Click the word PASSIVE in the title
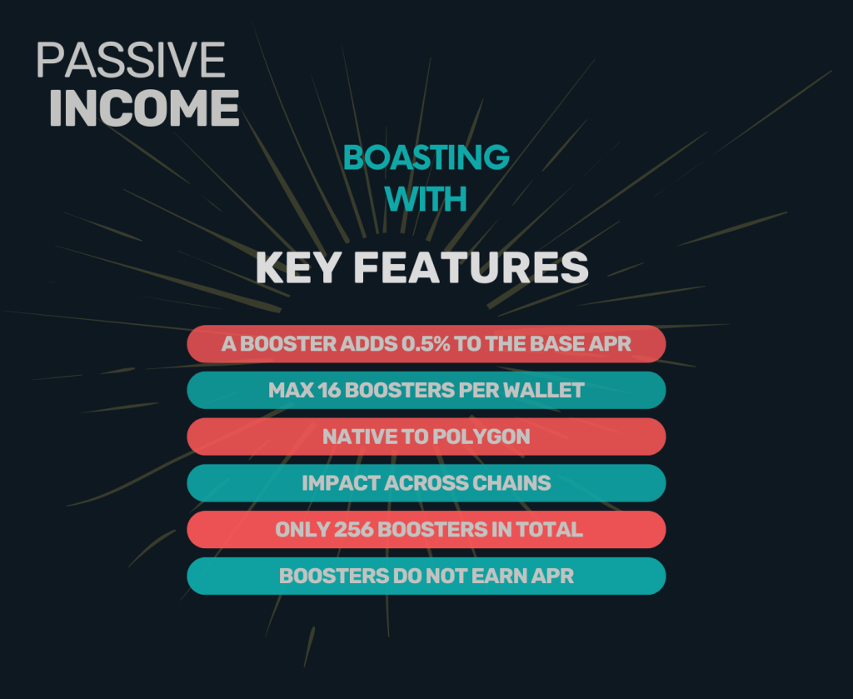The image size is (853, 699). point(131,60)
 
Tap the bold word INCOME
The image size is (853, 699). point(144,108)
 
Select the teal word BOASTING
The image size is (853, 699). point(426,157)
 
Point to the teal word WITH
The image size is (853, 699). point(426,199)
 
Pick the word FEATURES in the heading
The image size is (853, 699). point(471,267)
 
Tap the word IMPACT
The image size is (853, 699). point(341,483)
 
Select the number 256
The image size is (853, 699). point(353,530)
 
